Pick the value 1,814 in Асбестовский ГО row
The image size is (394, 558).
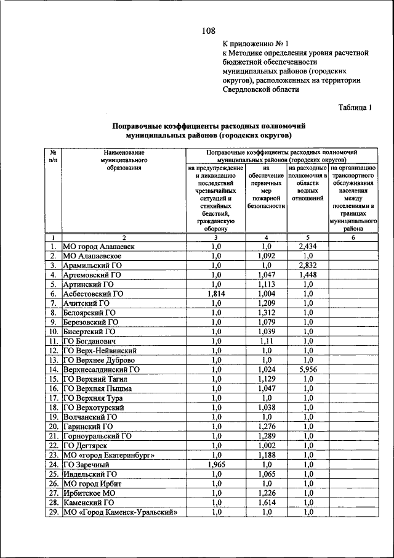215,294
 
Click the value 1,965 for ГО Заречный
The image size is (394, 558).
215,464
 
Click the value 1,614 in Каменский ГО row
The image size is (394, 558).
267,503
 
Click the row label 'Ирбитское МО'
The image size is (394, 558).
89,493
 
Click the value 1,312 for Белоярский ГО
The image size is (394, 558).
267,313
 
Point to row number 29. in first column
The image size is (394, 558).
54,512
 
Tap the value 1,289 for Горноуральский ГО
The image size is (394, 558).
267,436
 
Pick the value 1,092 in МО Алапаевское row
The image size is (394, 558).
267,256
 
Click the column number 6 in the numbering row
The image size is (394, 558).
353,237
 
